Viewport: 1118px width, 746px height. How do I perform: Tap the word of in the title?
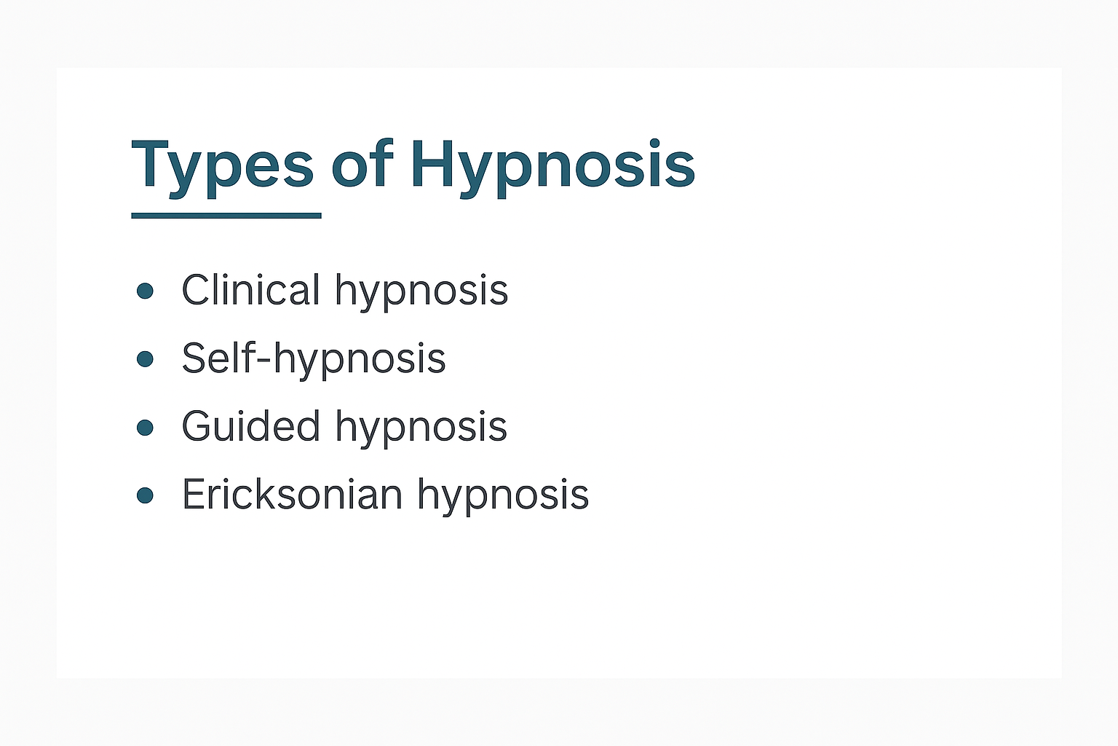click(362, 164)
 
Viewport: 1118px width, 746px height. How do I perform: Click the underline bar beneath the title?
click(226, 216)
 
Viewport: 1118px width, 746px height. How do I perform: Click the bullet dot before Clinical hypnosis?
click(145, 291)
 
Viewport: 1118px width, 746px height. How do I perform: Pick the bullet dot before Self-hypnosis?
click(145, 358)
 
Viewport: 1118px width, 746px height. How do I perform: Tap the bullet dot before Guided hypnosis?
click(145, 427)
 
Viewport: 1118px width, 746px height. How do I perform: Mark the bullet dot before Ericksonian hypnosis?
click(145, 495)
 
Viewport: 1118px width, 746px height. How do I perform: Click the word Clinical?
click(250, 290)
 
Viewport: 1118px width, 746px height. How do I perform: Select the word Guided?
click(250, 426)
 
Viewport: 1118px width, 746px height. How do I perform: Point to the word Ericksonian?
click(291, 495)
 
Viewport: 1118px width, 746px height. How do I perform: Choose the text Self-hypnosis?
click(313, 358)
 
